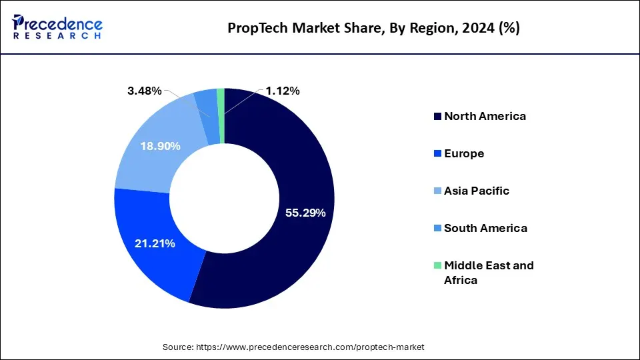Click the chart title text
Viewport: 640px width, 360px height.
pyautogui.click(x=374, y=28)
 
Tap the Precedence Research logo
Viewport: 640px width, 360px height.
pyautogui.click(x=57, y=27)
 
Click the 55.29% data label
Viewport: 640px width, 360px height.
pyautogui.click(x=305, y=213)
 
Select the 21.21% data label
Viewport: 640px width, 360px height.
pyautogui.click(x=154, y=244)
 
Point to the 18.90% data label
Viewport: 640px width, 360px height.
pyautogui.click(x=160, y=146)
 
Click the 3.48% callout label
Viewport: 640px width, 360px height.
pyautogui.click(x=145, y=91)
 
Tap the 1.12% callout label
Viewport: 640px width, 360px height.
pyautogui.click(x=283, y=91)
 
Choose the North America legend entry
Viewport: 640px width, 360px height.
pyautogui.click(x=485, y=116)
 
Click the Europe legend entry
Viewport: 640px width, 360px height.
pyautogui.click(x=464, y=153)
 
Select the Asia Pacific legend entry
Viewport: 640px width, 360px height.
pyautogui.click(x=477, y=191)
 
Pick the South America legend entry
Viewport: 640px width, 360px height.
pyautogui.click(x=485, y=228)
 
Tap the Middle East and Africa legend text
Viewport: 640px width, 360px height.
pyautogui.click(x=489, y=273)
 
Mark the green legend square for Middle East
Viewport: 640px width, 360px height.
pyautogui.click(x=437, y=265)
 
